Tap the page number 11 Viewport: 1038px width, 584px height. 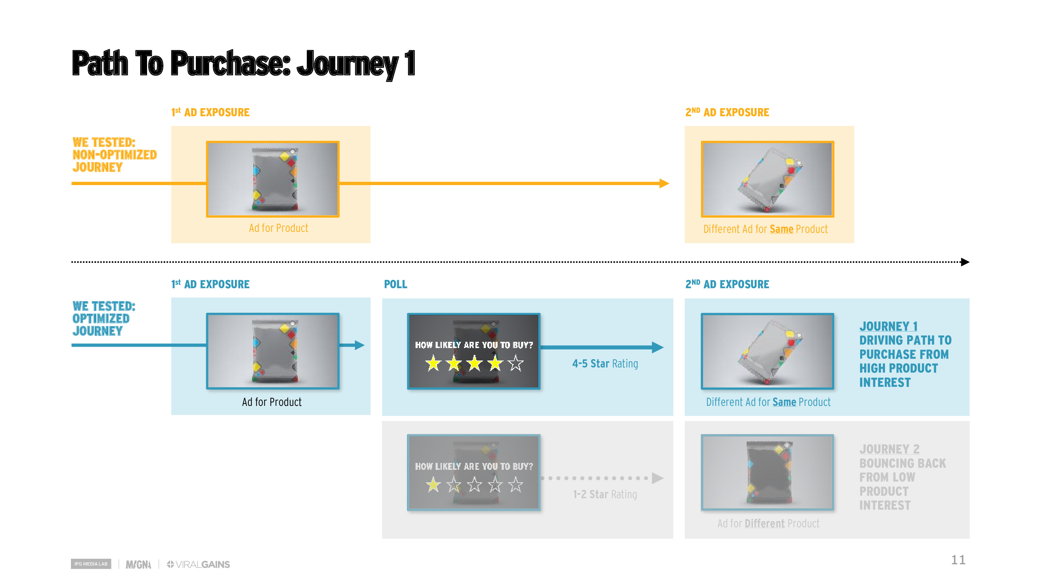coord(958,560)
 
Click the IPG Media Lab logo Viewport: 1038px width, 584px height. coord(91,564)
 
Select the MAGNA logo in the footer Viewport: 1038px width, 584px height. coord(138,564)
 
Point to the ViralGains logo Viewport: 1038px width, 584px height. coord(198,564)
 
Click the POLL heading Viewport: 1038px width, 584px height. coord(395,284)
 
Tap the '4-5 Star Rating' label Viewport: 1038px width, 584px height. coord(605,364)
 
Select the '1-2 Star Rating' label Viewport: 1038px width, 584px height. coord(605,494)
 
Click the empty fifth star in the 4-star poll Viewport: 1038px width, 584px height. coord(516,363)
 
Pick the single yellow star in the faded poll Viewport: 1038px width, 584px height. coord(433,484)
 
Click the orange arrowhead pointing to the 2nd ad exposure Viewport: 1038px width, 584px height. coord(664,183)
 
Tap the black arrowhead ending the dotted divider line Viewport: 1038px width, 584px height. coord(965,262)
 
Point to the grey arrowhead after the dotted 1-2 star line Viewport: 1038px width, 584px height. coord(658,478)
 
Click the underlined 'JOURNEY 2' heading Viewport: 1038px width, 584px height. coord(889,449)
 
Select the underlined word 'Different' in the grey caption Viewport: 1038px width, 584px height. coord(764,523)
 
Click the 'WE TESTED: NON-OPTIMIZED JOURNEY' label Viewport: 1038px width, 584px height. coord(115,155)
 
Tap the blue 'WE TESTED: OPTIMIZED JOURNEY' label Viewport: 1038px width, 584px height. coord(104,318)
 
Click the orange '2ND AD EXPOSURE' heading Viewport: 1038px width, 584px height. coord(727,112)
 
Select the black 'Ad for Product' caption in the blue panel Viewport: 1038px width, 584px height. coord(272,402)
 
